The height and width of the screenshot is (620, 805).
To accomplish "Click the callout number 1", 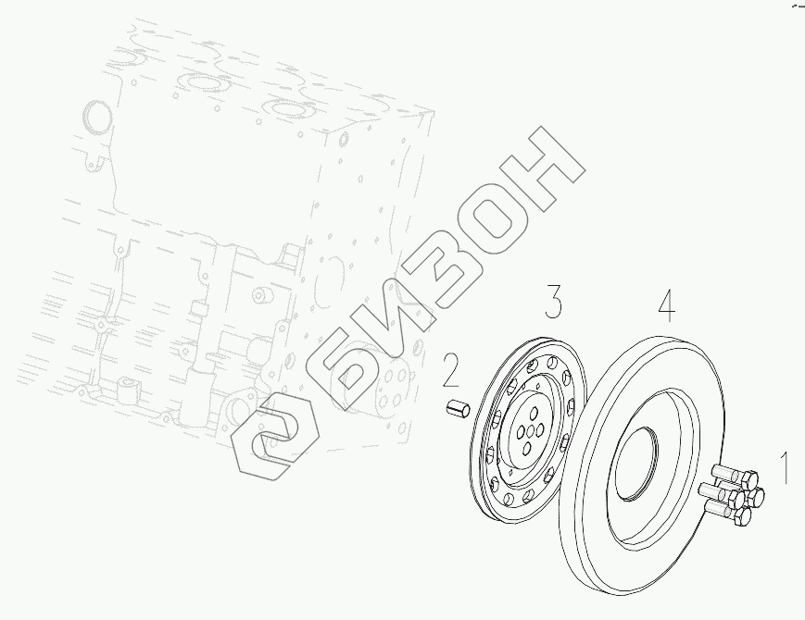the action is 785,467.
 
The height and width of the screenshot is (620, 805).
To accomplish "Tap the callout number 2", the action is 450,370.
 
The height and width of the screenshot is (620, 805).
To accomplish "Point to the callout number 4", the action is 666,306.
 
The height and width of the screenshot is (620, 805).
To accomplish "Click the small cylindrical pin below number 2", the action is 457,409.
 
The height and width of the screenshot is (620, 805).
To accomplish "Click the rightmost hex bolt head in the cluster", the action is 755,496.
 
